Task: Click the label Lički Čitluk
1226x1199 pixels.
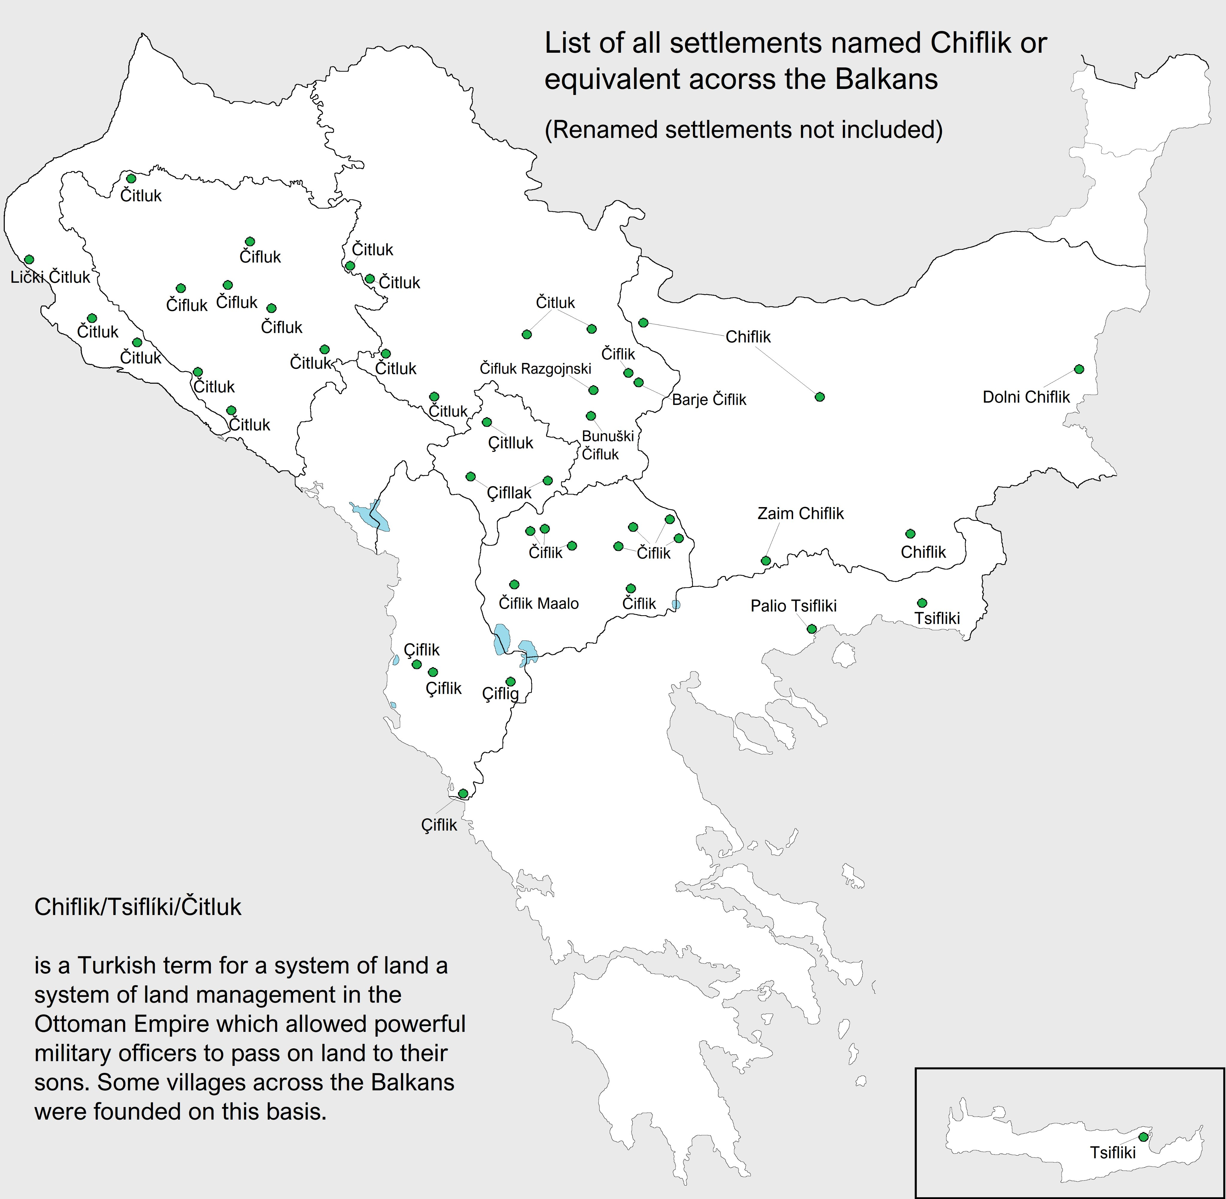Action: (x=50, y=277)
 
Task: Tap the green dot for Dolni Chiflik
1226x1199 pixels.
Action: (x=1079, y=369)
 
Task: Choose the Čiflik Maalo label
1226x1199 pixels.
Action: (x=538, y=603)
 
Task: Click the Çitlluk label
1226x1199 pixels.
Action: (x=510, y=443)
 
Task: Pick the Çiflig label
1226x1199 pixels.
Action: (x=500, y=693)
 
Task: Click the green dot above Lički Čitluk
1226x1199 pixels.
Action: (x=29, y=259)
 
